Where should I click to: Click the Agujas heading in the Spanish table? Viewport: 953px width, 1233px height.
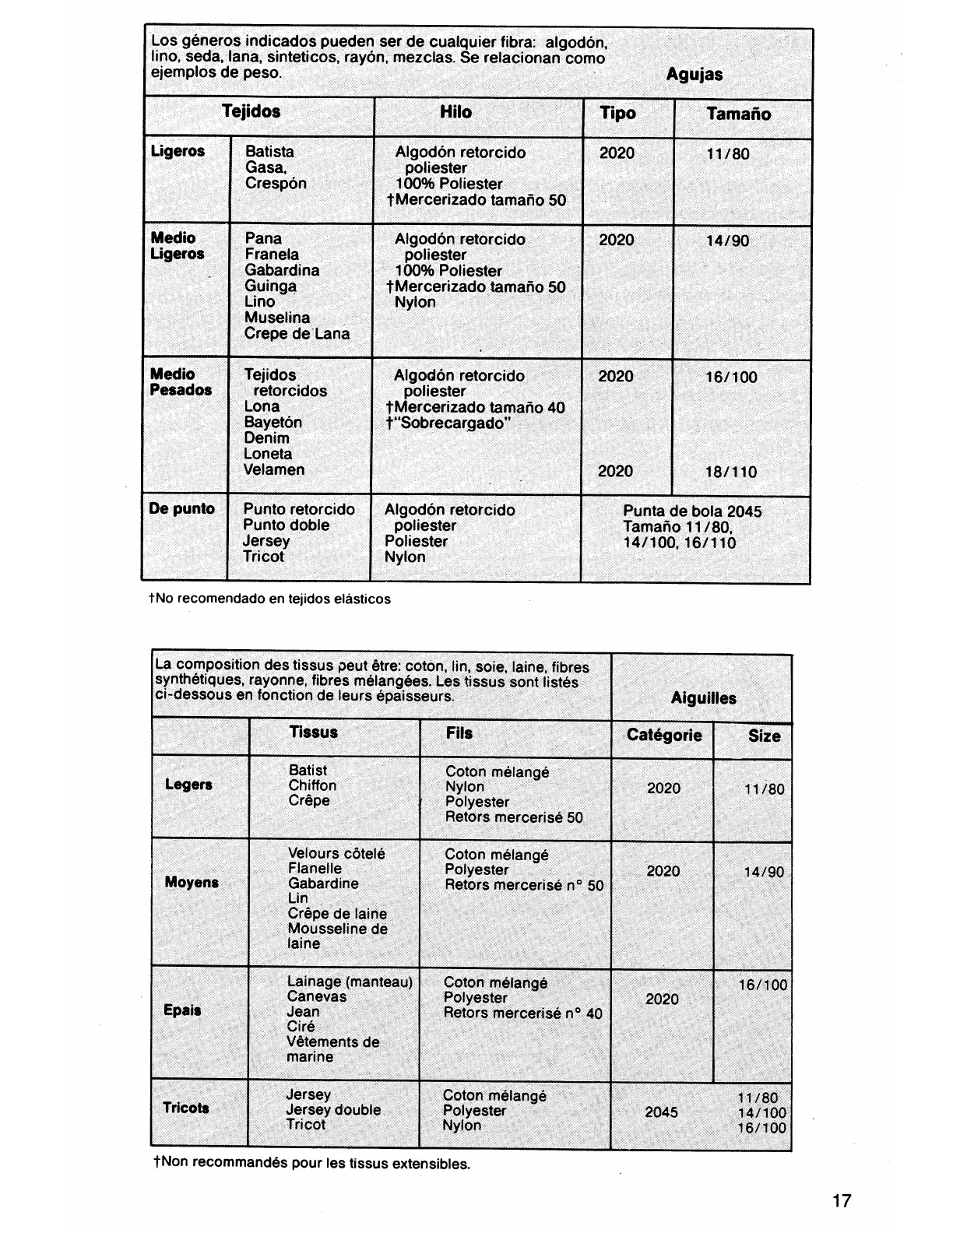pyautogui.click(x=695, y=75)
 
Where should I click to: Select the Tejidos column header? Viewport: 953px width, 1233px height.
pyautogui.click(x=251, y=111)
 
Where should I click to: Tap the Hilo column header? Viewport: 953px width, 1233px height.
pyautogui.click(x=455, y=112)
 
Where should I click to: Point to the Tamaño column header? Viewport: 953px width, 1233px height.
pyautogui.click(x=738, y=114)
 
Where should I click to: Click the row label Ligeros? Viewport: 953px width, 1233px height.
pyautogui.click(x=178, y=151)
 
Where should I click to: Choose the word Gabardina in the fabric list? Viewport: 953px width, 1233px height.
pyautogui.click(x=282, y=270)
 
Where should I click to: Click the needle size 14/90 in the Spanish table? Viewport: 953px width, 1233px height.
pyautogui.click(x=727, y=241)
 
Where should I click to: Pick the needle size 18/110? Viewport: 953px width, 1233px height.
pyautogui.click(x=730, y=472)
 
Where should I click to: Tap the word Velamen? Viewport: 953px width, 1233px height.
pyautogui.click(x=274, y=469)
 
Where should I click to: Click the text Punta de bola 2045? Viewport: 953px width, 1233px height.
pyautogui.click(x=692, y=511)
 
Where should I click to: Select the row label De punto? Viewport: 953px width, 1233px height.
pyautogui.click(x=181, y=509)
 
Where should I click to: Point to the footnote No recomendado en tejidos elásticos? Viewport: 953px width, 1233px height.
pyautogui.click(x=269, y=599)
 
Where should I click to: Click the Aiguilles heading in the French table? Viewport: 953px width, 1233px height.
pyautogui.click(x=703, y=698)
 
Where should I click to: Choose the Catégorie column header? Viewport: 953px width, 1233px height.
pyautogui.click(x=664, y=736)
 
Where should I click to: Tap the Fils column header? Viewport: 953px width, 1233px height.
pyautogui.click(x=459, y=733)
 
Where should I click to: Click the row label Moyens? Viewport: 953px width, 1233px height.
pyautogui.click(x=192, y=882)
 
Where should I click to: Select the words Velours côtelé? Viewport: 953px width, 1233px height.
pyautogui.click(x=336, y=854)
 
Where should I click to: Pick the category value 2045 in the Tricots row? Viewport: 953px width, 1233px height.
pyautogui.click(x=661, y=1112)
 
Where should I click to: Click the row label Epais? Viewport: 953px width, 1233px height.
pyautogui.click(x=182, y=1010)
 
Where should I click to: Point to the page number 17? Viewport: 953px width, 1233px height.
pyautogui.click(x=842, y=1200)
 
